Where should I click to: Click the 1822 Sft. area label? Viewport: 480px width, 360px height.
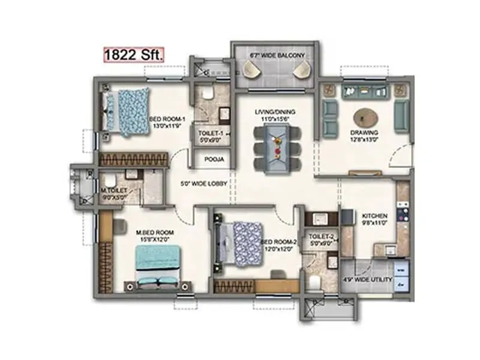click(x=134, y=55)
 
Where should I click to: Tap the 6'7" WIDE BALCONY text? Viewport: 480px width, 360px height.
click(x=277, y=56)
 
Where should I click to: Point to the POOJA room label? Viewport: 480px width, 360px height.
click(x=210, y=160)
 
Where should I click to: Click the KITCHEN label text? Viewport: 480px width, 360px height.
click(x=374, y=215)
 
